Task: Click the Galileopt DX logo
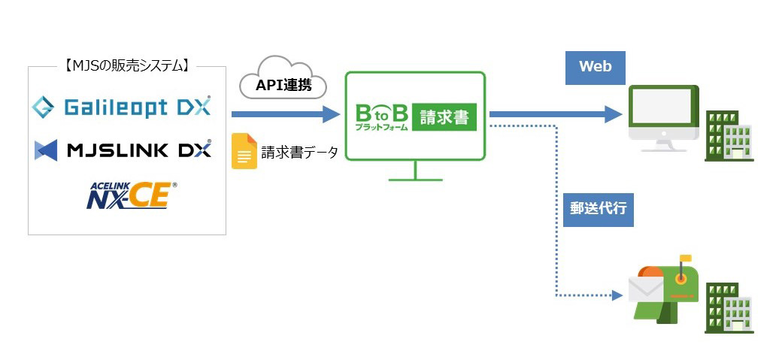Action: coord(122,107)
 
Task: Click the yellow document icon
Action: coord(244,151)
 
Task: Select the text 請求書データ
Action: coord(299,153)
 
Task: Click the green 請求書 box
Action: coord(444,116)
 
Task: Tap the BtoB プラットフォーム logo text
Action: coord(381,117)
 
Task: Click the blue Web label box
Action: coord(595,67)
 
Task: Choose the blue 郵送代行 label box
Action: coord(598,209)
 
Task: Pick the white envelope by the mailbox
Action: coord(645,289)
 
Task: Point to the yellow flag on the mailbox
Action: coord(685,259)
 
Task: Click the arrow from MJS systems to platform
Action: coord(286,114)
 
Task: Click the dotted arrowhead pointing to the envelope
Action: coord(617,295)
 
